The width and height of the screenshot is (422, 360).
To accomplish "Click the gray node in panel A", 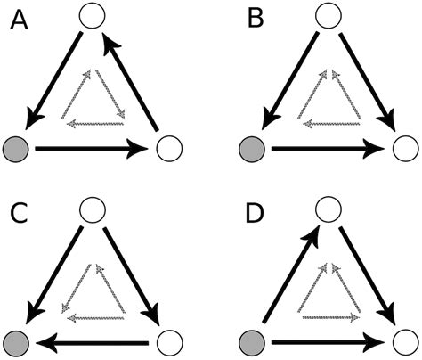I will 16,148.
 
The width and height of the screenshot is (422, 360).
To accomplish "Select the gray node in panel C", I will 16,341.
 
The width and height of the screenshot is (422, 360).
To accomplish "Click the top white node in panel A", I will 92,15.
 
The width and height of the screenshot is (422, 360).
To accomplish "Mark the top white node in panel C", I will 92,209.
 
